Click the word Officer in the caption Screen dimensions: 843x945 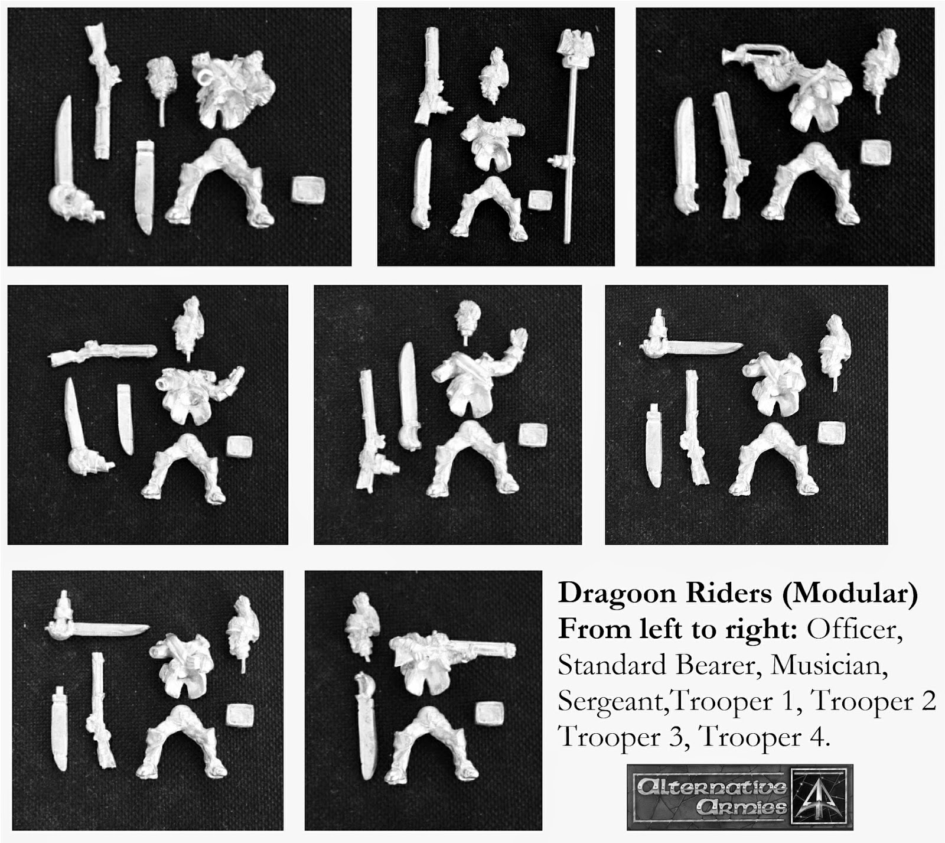(854, 630)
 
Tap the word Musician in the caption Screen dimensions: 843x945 (829, 666)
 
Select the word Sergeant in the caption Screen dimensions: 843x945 (612, 701)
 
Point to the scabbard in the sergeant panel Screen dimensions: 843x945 (125, 419)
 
